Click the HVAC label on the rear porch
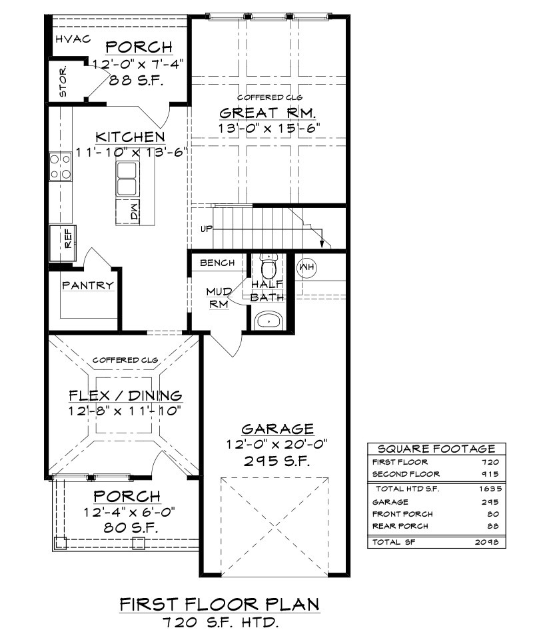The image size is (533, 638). [73, 39]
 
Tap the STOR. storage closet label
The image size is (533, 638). [63, 82]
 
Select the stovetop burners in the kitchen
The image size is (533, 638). [61, 167]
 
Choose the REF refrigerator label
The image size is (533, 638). [68, 239]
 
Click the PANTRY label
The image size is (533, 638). [88, 285]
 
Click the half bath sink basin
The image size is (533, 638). [268, 321]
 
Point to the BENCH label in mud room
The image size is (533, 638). [217, 263]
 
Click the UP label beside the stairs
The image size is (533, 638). [207, 229]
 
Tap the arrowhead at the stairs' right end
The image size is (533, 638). [322, 243]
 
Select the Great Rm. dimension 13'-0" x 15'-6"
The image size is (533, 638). [268, 128]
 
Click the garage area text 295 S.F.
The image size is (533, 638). [278, 461]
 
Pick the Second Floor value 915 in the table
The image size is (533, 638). [491, 474]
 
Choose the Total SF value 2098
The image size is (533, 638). [486, 542]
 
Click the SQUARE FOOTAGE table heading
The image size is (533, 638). [436, 449]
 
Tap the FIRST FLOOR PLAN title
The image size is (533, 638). [220, 604]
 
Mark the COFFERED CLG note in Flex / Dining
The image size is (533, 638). [125, 360]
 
